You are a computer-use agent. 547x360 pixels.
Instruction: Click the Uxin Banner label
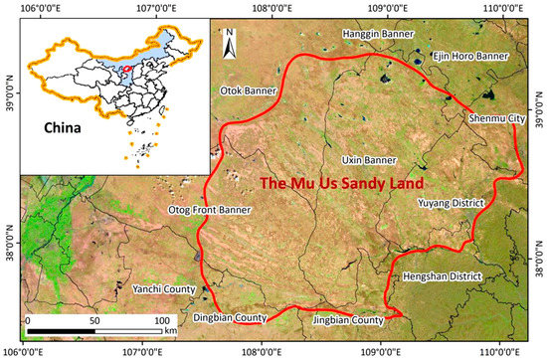point(370,159)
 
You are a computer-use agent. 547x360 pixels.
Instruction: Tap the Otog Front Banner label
point(216,210)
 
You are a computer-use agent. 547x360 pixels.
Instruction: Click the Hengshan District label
point(438,276)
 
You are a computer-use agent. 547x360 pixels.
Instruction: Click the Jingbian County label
point(348,320)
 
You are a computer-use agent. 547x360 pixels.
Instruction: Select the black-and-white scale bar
point(95,331)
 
